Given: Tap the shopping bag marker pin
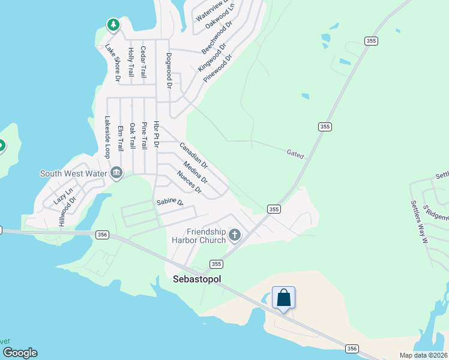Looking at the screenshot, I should [283, 298].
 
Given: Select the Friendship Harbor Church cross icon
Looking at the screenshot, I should [235, 235].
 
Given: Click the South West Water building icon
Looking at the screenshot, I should [116, 173].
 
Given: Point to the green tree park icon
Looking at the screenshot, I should [113, 25].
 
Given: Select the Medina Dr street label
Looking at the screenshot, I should [196, 173].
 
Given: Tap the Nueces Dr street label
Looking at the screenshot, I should [189, 182].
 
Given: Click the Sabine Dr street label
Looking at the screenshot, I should [170, 202].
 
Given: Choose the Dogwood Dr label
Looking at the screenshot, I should [170, 70].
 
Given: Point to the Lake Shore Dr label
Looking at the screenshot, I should [113, 62].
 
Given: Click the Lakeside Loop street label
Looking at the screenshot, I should [107, 137].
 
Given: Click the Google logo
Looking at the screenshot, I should [20, 353].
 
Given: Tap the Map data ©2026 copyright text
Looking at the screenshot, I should [423, 355].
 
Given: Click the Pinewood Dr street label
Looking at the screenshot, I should [217, 68].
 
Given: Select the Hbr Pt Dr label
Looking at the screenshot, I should [156, 135].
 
